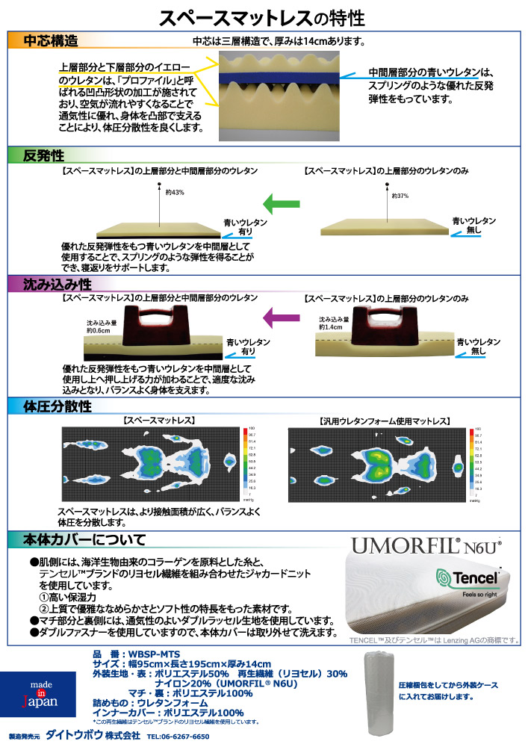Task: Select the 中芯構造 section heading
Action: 52,40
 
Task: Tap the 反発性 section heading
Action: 44,156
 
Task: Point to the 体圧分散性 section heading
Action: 58,406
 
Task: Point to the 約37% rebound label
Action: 401,196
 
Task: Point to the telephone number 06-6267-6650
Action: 178,736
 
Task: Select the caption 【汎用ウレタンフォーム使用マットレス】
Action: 383,421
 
